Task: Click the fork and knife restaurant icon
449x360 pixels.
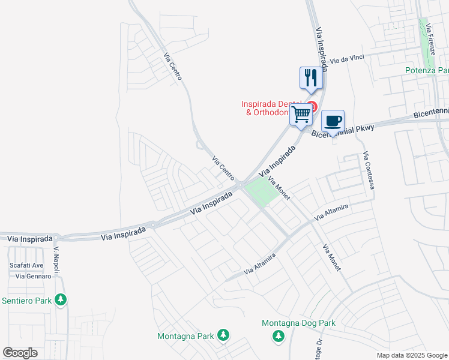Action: [x=311, y=77]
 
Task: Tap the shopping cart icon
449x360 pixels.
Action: [x=301, y=113]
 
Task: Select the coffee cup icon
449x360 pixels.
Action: [x=333, y=121]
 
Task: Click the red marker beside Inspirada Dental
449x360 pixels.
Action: [x=312, y=106]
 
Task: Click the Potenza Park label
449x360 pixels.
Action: [x=426, y=71]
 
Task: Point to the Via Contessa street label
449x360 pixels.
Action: [x=369, y=171]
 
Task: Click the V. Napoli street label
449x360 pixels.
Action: [x=57, y=260]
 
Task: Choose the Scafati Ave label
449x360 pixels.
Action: [x=26, y=265]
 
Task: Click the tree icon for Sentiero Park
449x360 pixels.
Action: [x=60, y=299]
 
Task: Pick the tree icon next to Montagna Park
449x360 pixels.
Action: [x=223, y=335]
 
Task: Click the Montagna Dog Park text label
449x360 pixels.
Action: [x=298, y=323]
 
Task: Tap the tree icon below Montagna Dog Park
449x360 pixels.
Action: [x=279, y=337]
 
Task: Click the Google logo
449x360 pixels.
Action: [x=20, y=353]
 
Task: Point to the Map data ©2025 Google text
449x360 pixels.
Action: [x=411, y=355]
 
